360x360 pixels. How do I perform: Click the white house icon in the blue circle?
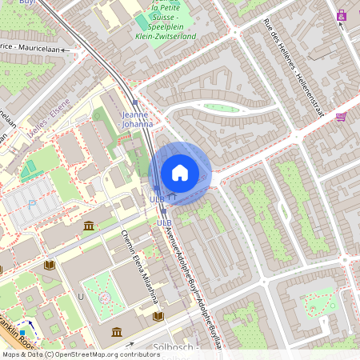pyautogui.click(x=179, y=173)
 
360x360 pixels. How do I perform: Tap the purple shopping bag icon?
pyautogui.click(x=342, y=14)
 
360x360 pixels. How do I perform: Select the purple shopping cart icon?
pyautogui.click(x=342, y=117)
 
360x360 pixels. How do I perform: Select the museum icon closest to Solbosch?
pyautogui.click(x=118, y=331)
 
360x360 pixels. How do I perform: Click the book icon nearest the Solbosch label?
pyautogui.click(x=158, y=317)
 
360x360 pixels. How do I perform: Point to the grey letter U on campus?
pyautogui.click(x=80, y=296)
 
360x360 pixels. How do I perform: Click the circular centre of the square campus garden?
pyautogui.click(x=105, y=298)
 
